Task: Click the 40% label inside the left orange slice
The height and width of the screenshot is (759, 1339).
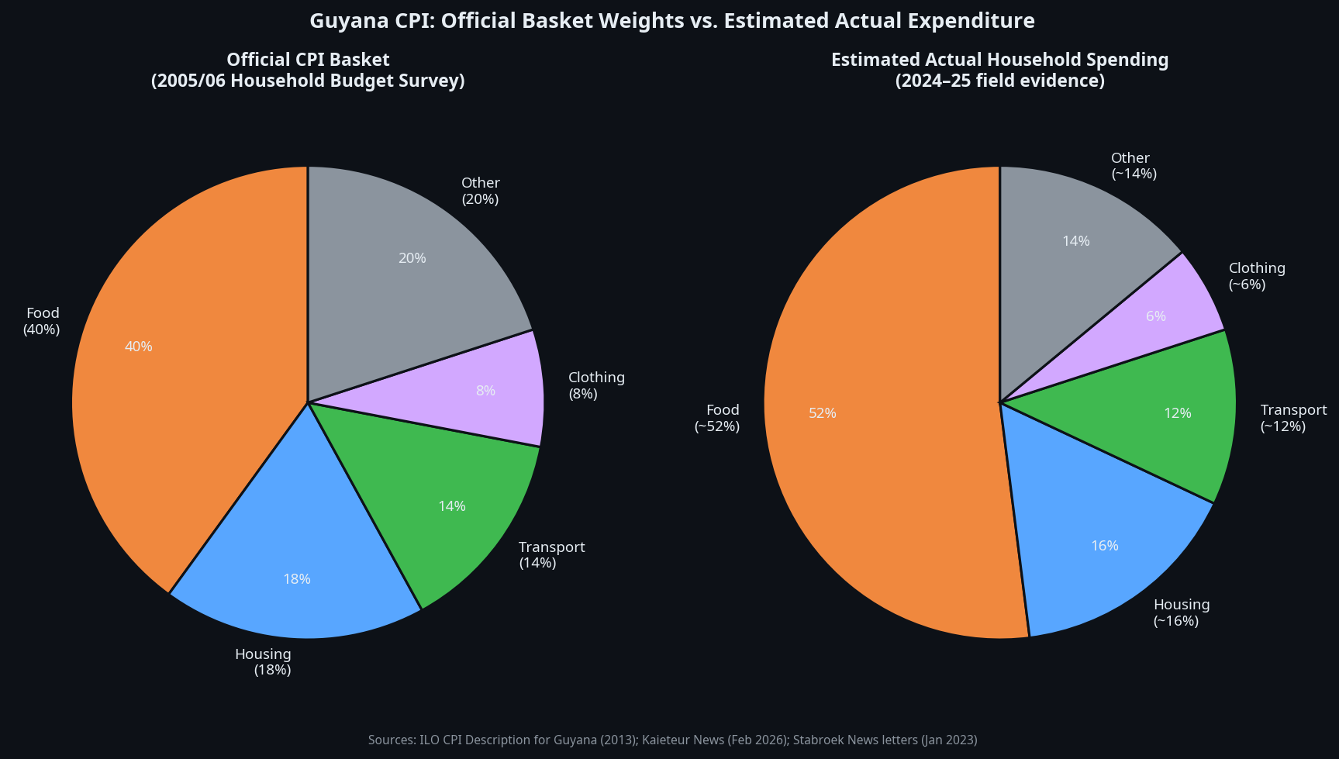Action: pyautogui.click(x=139, y=347)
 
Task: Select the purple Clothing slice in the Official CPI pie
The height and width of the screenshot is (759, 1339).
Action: pyautogui.click(x=496, y=392)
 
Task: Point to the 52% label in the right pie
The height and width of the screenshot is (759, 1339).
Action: pyautogui.click(x=823, y=413)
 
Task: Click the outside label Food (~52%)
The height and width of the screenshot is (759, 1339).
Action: pyautogui.click(x=719, y=418)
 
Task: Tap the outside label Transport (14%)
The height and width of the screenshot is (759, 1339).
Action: pyautogui.click(x=551, y=555)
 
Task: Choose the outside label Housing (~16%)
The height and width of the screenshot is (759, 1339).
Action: pyautogui.click(x=1181, y=612)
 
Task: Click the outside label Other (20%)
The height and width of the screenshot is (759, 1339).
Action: pyautogui.click(x=481, y=191)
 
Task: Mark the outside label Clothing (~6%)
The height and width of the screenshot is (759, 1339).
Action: pyautogui.click(x=1256, y=276)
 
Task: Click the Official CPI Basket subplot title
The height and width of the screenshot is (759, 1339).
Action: pyautogui.click(x=308, y=71)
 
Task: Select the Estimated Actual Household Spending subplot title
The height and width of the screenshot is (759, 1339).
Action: pyautogui.click(x=999, y=71)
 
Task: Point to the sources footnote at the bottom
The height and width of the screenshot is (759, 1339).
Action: pyautogui.click(x=672, y=740)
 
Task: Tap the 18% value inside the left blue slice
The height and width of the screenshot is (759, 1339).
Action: pyautogui.click(x=297, y=579)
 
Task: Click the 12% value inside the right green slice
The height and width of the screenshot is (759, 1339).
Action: pyautogui.click(x=1177, y=413)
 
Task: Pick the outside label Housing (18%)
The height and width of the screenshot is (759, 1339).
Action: pyautogui.click(x=264, y=662)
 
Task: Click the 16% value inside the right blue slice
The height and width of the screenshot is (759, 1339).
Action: pyautogui.click(x=1104, y=546)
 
